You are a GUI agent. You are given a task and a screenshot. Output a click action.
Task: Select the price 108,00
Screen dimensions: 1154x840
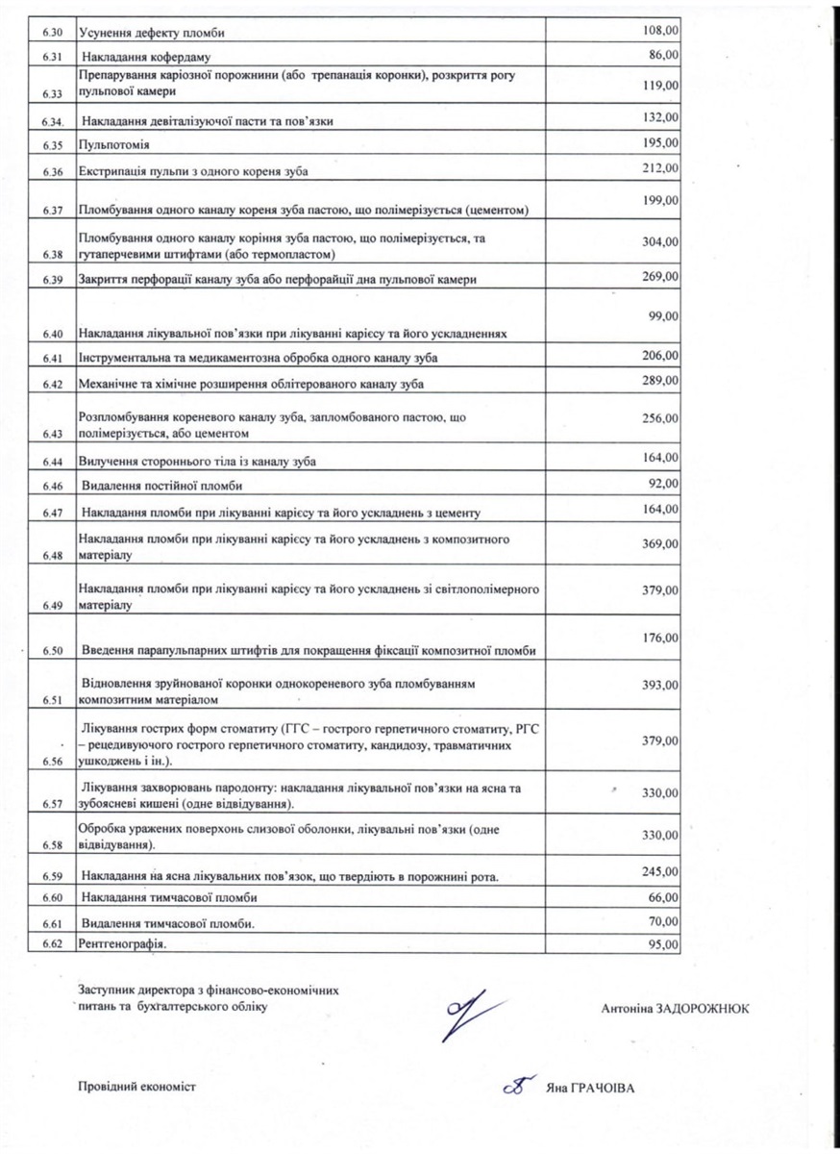661,31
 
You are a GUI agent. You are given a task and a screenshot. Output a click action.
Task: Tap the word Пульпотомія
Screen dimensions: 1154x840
113,144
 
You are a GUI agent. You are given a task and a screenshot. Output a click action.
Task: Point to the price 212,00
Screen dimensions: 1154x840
661,168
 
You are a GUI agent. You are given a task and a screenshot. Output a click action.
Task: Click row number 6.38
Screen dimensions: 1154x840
52,255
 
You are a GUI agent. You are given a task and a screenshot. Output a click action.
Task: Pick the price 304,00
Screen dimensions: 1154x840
661,241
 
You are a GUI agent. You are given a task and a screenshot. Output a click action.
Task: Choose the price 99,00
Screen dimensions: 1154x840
664,315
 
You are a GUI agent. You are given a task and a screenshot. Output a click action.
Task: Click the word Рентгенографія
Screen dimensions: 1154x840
122,945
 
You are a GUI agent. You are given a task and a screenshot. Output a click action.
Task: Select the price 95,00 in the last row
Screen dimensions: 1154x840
664,944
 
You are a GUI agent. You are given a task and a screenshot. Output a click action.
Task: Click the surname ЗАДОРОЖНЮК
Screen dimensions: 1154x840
703,1008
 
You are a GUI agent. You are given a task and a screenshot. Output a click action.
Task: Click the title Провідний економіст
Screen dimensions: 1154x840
136,1086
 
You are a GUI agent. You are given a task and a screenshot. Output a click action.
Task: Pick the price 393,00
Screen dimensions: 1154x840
661,685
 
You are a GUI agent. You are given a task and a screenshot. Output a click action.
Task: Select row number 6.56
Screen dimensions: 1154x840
52,760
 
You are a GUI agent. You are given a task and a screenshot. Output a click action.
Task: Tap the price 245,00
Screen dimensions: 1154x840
661,871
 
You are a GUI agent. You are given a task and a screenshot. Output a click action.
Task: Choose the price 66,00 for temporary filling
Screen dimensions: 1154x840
664,896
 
